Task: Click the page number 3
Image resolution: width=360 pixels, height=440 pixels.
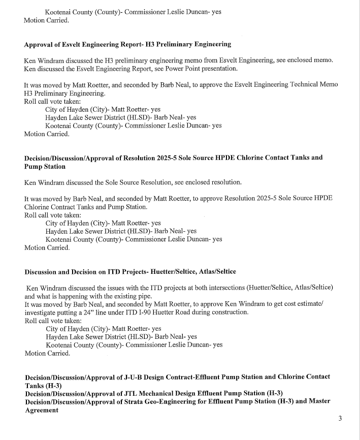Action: point(340,419)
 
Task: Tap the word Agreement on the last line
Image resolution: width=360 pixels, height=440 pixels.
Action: point(42,410)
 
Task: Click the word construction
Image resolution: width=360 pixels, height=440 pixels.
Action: point(229,312)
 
